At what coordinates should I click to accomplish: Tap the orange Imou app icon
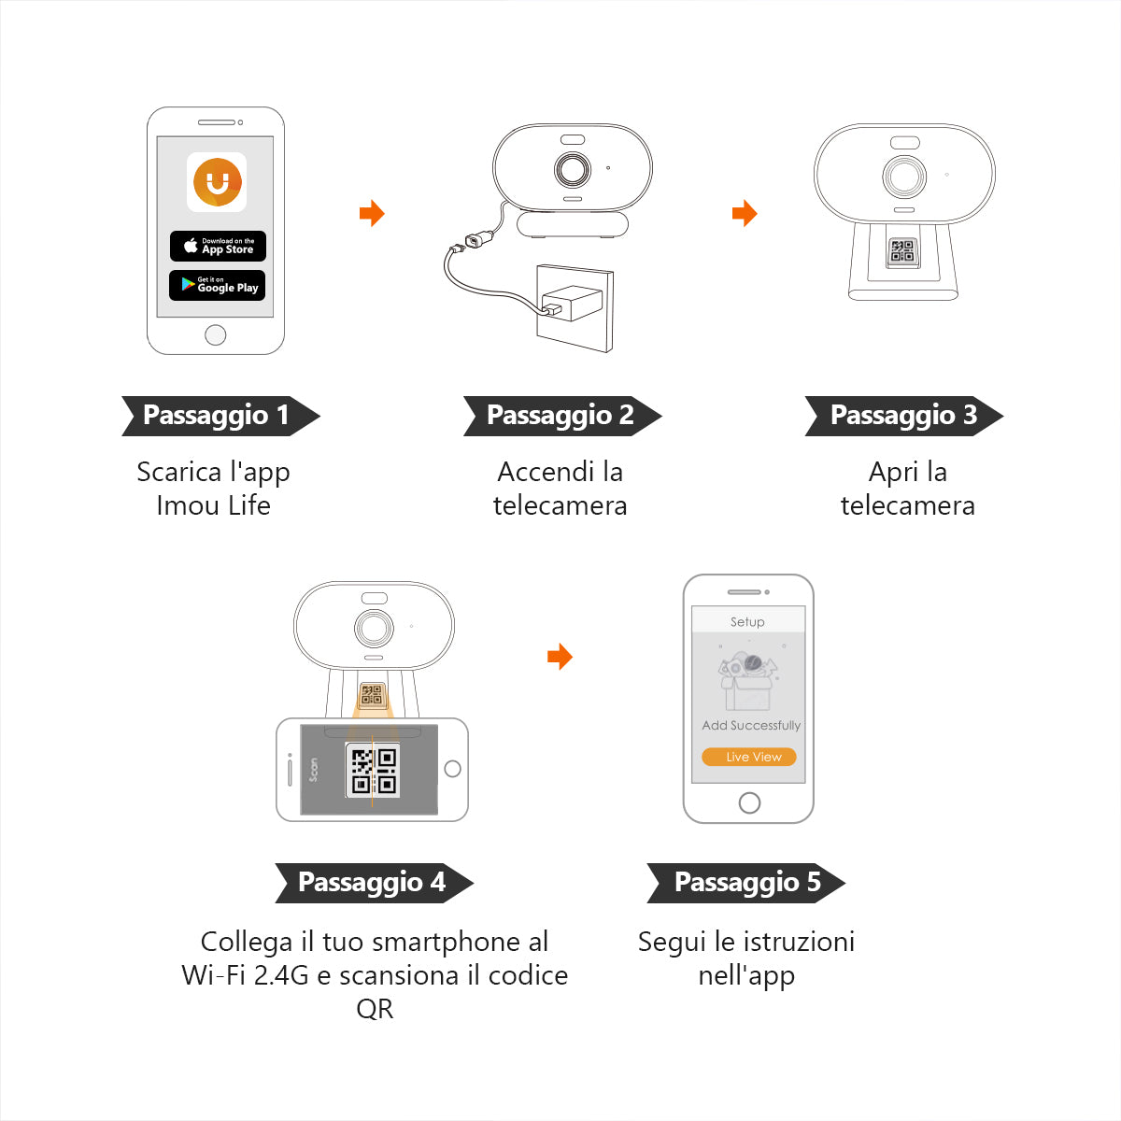(x=217, y=181)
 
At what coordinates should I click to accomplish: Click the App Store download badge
(x=218, y=246)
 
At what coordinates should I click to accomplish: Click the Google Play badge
(x=218, y=285)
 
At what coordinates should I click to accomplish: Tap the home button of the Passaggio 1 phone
(x=215, y=334)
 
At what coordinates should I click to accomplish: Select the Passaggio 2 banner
(x=561, y=416)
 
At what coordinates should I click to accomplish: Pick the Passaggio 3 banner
(x=903, y=416)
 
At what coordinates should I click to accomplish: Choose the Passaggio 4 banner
(x=373, y=883)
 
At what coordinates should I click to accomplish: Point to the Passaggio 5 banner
(x=745, y=883)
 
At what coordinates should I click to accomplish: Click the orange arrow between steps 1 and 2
(x=372, y=213)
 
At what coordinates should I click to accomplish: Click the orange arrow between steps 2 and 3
(x=744, y=213)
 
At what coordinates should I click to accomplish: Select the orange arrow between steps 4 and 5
(x=559, y=657)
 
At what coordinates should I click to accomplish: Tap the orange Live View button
(x=749, y=757)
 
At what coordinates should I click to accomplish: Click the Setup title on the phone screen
(x=747, y=621)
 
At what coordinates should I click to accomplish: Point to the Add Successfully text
(x=751, y=725)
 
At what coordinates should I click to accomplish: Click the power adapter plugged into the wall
(x=572, y=303)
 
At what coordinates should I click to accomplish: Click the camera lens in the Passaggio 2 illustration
(x=573, y=170)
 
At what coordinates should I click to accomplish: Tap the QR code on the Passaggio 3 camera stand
(x=902, y=250)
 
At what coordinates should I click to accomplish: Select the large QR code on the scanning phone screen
(x=374, y=771)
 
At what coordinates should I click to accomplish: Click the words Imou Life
(x=213, y=505)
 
